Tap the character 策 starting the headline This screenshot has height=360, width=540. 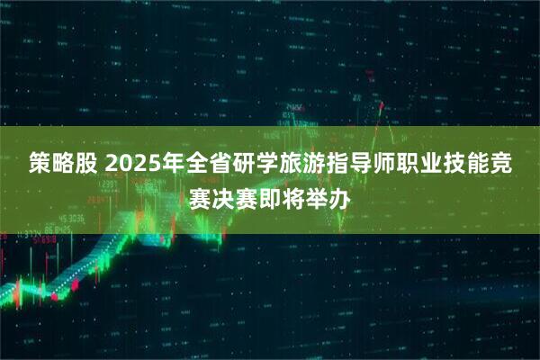click(x=38, y=165)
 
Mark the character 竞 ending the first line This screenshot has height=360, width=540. click(x=514, y=165)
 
